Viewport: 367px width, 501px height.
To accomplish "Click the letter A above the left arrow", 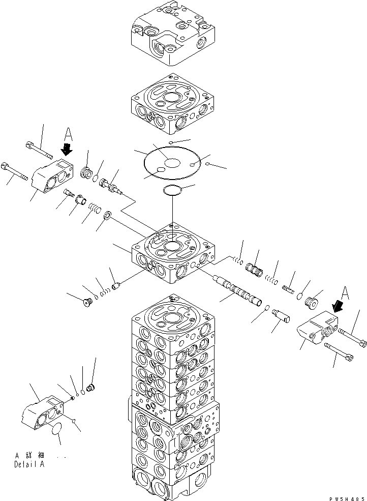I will point(69,136).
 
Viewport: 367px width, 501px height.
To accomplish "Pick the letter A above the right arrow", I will point(346,292).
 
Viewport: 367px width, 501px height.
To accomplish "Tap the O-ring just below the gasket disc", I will point(173,191).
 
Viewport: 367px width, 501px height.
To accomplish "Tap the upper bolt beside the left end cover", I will point(38,150).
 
